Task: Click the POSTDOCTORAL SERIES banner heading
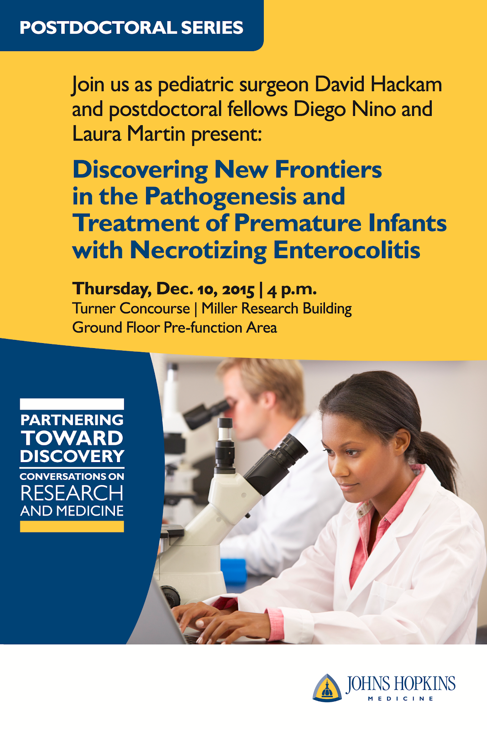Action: (x=131, y=27)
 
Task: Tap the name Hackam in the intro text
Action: (x=406, y=85)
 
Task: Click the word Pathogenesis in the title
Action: (x=221, y=197)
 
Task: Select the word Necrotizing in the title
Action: (x=198, y=251)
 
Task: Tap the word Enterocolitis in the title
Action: (x=347, y=250)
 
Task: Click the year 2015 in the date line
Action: (x=238, y=289)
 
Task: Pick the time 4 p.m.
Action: (x=292, y=290)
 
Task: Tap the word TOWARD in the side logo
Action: (x=72, y=438)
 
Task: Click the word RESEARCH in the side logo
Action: (x=72, y=493)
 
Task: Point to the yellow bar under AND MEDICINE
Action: (x=72, y=527)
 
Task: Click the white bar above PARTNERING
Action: (x=72, y=404)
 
